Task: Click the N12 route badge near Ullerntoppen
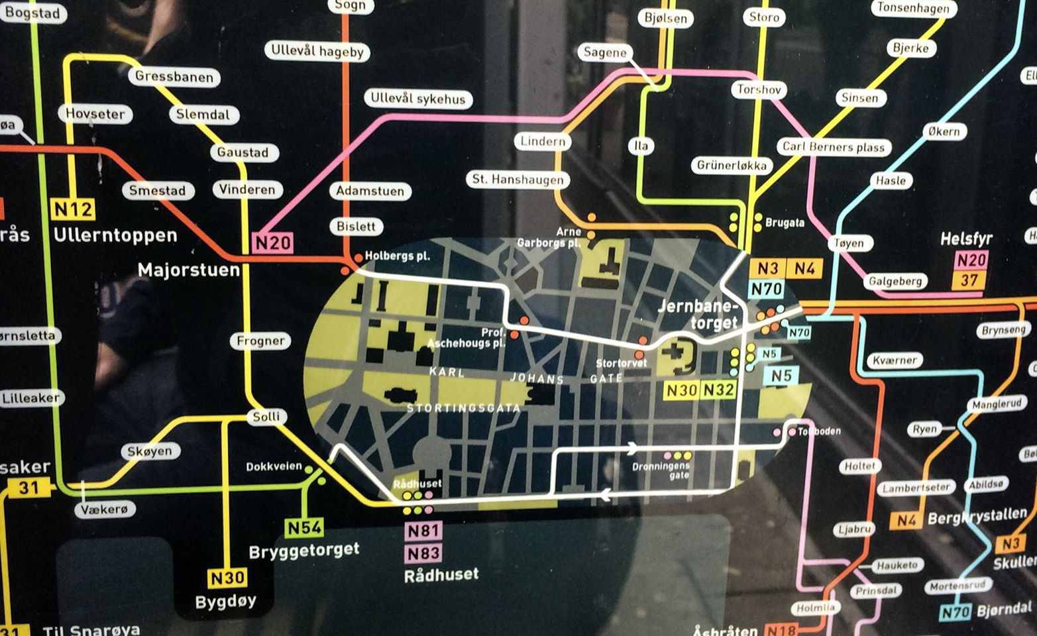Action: [73, 210]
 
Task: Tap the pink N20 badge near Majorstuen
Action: [273, 243]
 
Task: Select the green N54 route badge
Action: [304, 527]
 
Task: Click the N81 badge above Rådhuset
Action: [423, 531]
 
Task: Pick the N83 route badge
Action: [423, 553]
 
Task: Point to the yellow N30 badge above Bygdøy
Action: [227, 578]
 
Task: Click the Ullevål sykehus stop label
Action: [417, 99]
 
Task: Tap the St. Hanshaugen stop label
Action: [518, 180]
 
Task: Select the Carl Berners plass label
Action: [834, 147]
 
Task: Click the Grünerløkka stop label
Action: [732, 166]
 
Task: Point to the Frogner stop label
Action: [260, 341]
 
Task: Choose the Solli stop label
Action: [266, 417]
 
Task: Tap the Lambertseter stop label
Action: [916, 488]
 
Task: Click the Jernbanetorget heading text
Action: [697, 315]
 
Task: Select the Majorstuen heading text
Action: [188, 270]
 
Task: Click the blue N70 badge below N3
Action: [767, 289]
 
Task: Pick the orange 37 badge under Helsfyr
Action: [969, 280]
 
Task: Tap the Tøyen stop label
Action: [849, 243]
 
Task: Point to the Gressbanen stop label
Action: [174, 77]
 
